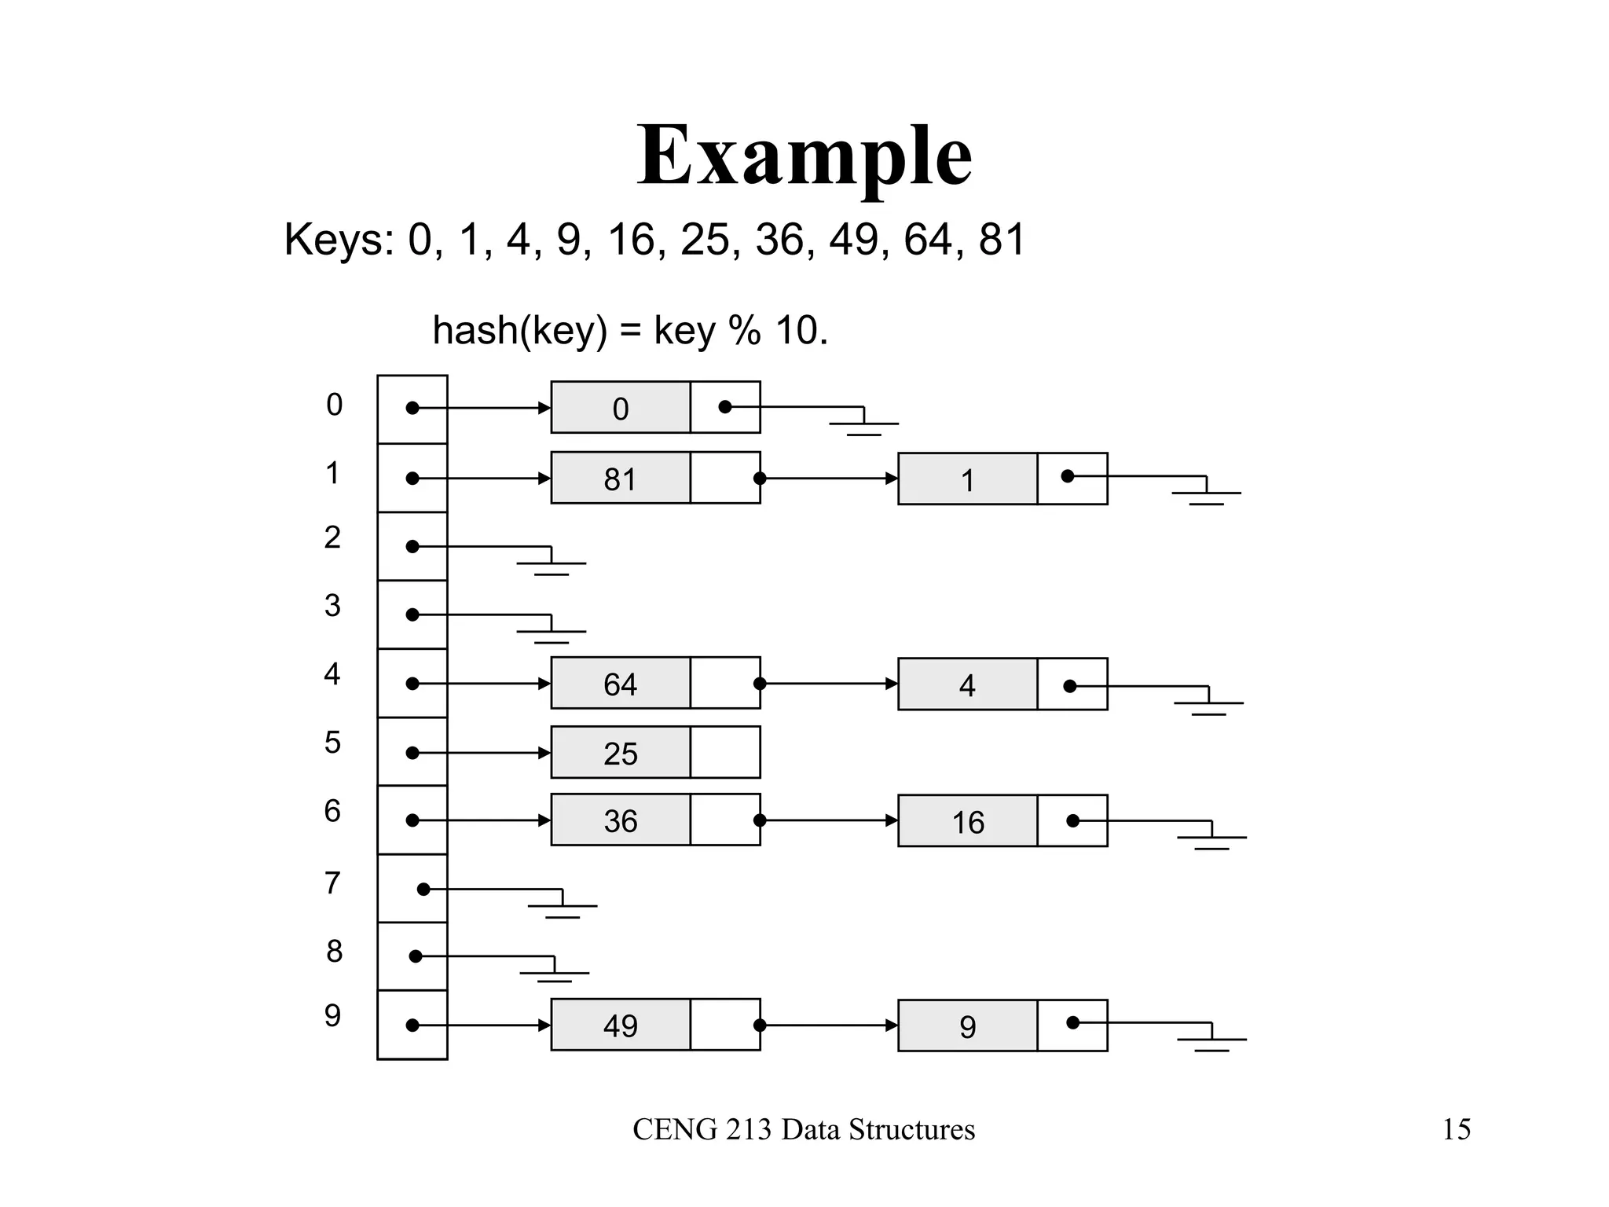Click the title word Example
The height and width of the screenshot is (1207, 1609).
[804, 157]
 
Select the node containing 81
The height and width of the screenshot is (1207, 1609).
[621, 478]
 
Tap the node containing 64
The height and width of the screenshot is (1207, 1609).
[621, 684]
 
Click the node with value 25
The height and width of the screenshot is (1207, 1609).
[621, 753]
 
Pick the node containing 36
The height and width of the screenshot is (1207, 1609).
[621, 820]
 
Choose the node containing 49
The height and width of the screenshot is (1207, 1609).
[621, 1025]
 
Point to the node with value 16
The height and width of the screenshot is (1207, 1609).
[968, 822]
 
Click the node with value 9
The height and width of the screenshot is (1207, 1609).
[968, 1026]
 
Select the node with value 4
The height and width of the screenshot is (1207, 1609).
[968, 685]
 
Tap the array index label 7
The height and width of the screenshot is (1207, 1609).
[332, 883]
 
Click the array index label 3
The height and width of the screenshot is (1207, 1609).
[332, 606]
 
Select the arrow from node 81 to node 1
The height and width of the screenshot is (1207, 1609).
[829, 478]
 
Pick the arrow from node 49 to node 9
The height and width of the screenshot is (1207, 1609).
[829, 1025]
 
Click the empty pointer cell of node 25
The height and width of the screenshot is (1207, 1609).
[725, 753]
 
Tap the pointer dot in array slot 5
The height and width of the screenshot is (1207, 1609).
[412, 753]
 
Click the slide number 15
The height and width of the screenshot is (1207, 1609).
[1456, 1130]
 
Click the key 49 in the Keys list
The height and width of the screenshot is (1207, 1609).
[853, 239]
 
